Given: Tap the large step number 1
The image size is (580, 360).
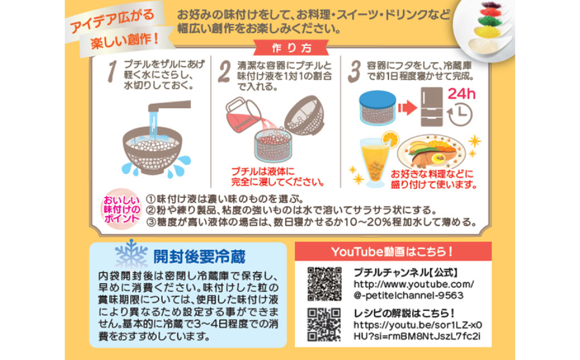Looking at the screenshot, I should (x=112, y=71).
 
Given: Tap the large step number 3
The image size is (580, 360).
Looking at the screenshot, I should (x=354, y=71).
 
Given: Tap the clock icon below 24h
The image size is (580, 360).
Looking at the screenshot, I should (x=460, y=114).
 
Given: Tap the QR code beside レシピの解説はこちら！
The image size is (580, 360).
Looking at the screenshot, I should (x=325, y=324).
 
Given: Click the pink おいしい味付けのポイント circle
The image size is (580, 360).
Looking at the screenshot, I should (x=120, y=210).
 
